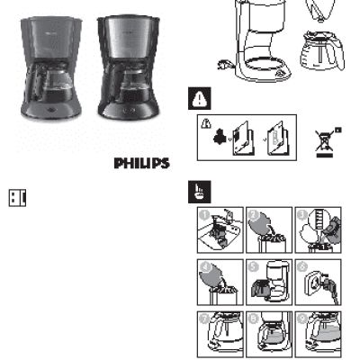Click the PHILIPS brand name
click(x=141, y=164)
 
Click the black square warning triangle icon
click(x=198, y=99)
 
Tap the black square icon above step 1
click(x=198, y=191)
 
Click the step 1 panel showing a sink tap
click(x=219, y=230)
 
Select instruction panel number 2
click(x=268, y=230)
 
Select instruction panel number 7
click(x=219, y=332)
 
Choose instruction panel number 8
click(x=268, y=332)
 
